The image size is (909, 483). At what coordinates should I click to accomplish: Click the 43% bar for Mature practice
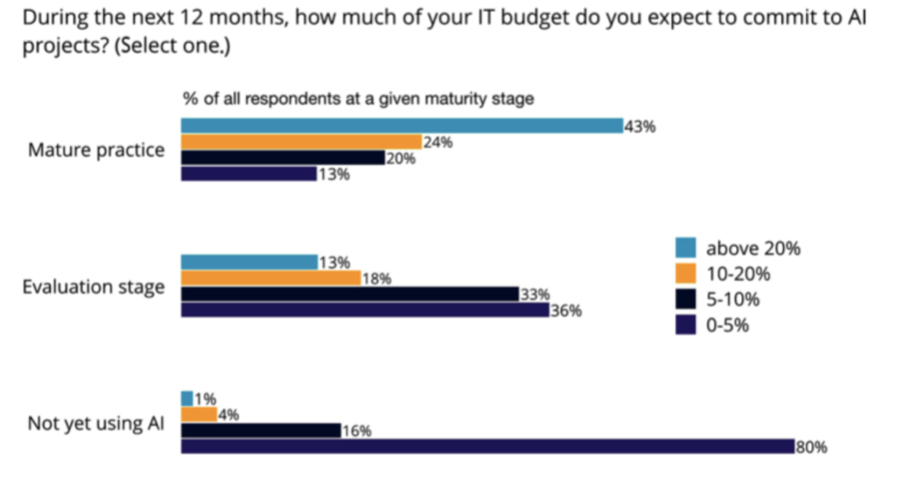pyautogui.click(x=402, y=125)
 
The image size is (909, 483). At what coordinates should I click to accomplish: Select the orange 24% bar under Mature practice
pyautogui.click(x=301, y=141)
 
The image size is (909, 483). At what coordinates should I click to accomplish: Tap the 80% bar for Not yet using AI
pyautogui.click(x=487, y=446)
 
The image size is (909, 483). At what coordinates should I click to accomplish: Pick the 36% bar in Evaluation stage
pyautogui.click(x=365, y=310)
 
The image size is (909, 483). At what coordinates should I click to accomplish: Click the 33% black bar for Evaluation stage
pyautogui.click(x=350, y=294)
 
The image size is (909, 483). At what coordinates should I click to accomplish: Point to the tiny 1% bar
pyautogui.click(x=186, y=398)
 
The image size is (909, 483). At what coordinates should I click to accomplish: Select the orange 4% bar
pyautogui.click(x=199, y=414)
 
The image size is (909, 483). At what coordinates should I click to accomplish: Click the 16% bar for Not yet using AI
pyautogui.click(x=261, y=430)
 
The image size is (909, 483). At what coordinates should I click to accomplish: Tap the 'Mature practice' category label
pyautogui.click(x=96, y=150)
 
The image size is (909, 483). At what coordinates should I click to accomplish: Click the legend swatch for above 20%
pyautogui.click(x=685, y=248)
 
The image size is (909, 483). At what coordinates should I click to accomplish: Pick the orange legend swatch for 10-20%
pyautogui.click(x=685, y=273)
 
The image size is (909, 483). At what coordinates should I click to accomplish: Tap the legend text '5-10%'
pyautogui.click(x=732, y=299)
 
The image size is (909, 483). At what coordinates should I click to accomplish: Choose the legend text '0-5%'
pyautogui.click(x=728, y=325)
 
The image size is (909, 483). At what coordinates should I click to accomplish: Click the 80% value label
pyautogui.click(x=811, y=447)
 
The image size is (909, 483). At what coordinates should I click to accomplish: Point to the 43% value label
pyautogui.click(x=640, y=127)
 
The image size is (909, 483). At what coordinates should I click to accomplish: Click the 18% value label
pyautogui.click(x=377, y=279)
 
